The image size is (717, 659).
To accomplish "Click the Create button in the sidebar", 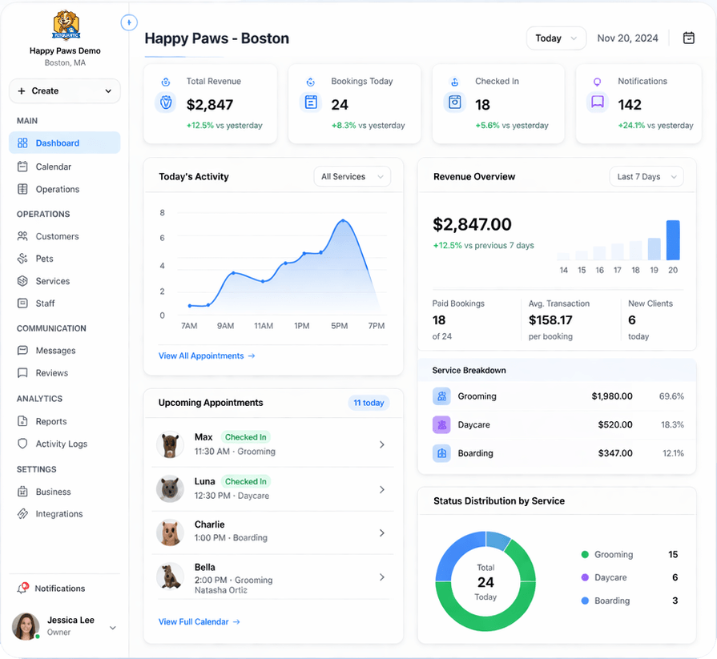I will (64, 91).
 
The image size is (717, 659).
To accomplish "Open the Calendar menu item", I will (53, 167).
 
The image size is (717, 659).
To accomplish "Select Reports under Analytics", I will (50, 421).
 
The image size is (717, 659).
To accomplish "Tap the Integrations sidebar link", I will (58, 514).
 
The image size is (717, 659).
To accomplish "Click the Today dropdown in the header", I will (556, 38).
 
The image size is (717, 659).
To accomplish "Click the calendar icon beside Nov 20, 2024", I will (688, 38).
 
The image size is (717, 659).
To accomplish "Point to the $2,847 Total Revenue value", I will (210, 105).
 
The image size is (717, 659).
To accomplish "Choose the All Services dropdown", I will (352, 177).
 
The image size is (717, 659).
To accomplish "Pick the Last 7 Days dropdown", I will (646, 177).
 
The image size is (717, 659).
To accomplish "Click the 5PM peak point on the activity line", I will (343, 221).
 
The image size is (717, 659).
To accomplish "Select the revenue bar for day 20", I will (673, 240).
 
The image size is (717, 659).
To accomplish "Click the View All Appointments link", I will (207, 356).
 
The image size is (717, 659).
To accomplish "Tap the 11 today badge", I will (369, 403).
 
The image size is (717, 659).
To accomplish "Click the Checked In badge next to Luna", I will (245, 481).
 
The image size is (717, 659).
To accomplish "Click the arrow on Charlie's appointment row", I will (382, 533).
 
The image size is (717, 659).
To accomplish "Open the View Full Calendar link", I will (199, 621).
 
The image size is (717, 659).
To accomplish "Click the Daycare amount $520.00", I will (615, 425).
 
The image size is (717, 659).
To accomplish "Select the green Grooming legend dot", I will (585, 555).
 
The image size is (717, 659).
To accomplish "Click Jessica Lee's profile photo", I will (26, 626).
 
